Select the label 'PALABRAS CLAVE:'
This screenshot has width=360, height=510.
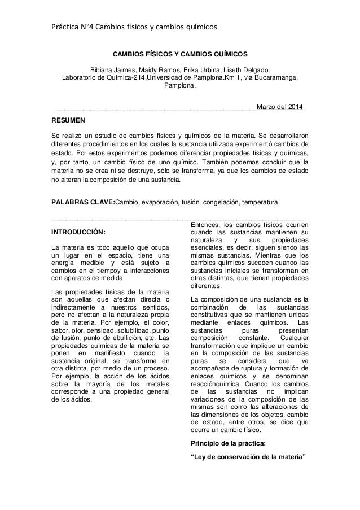[x=83, y=202]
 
